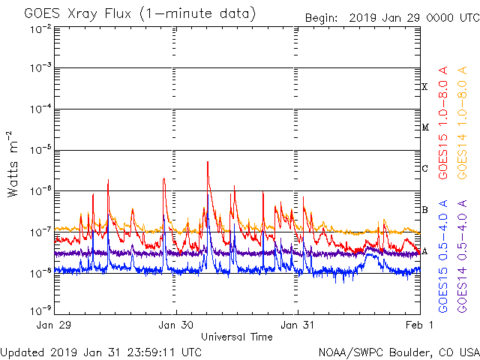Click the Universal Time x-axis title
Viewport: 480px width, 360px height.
pos(236,337)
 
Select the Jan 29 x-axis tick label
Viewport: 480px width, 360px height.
pos(55,325)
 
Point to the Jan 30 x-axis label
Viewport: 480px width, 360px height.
pos(176,325)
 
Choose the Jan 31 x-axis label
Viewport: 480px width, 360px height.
pos(298,325)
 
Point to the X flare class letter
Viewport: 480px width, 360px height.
pos(424,87)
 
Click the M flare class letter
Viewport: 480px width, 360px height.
pos(424,127)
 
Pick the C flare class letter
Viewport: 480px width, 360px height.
pos(424,168)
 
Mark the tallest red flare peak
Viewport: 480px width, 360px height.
pos(207,162)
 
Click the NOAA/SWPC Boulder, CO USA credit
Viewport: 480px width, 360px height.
pos(398,351)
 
